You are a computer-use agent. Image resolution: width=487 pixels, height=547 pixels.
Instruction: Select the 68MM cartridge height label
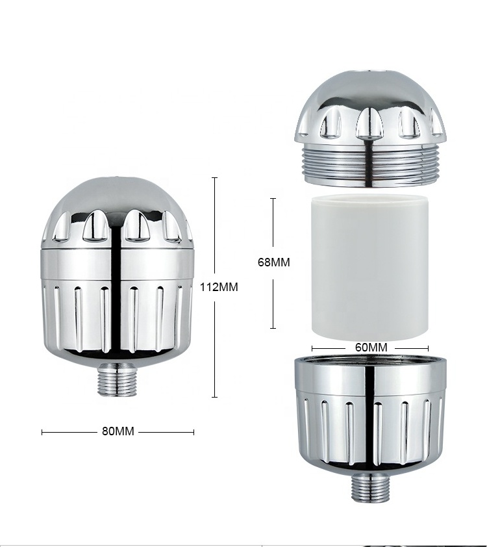(x=273, y=262)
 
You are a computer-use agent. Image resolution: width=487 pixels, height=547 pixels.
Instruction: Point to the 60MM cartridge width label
(x=371, y=347)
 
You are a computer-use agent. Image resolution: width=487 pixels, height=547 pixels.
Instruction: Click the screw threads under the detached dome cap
(x=371, y=167)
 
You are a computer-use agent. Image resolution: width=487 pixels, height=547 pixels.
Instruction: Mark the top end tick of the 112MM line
(x=215, y=177)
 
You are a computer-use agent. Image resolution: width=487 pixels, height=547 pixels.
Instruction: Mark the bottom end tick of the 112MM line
(x=215, y=397)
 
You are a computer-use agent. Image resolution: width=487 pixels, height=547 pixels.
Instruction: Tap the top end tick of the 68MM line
(x=273, y=198)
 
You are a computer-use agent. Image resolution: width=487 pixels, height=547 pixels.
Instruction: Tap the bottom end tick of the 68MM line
(x=273, y=329)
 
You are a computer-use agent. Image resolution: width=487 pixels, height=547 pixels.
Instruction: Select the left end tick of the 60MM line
(x=312, y=347)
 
